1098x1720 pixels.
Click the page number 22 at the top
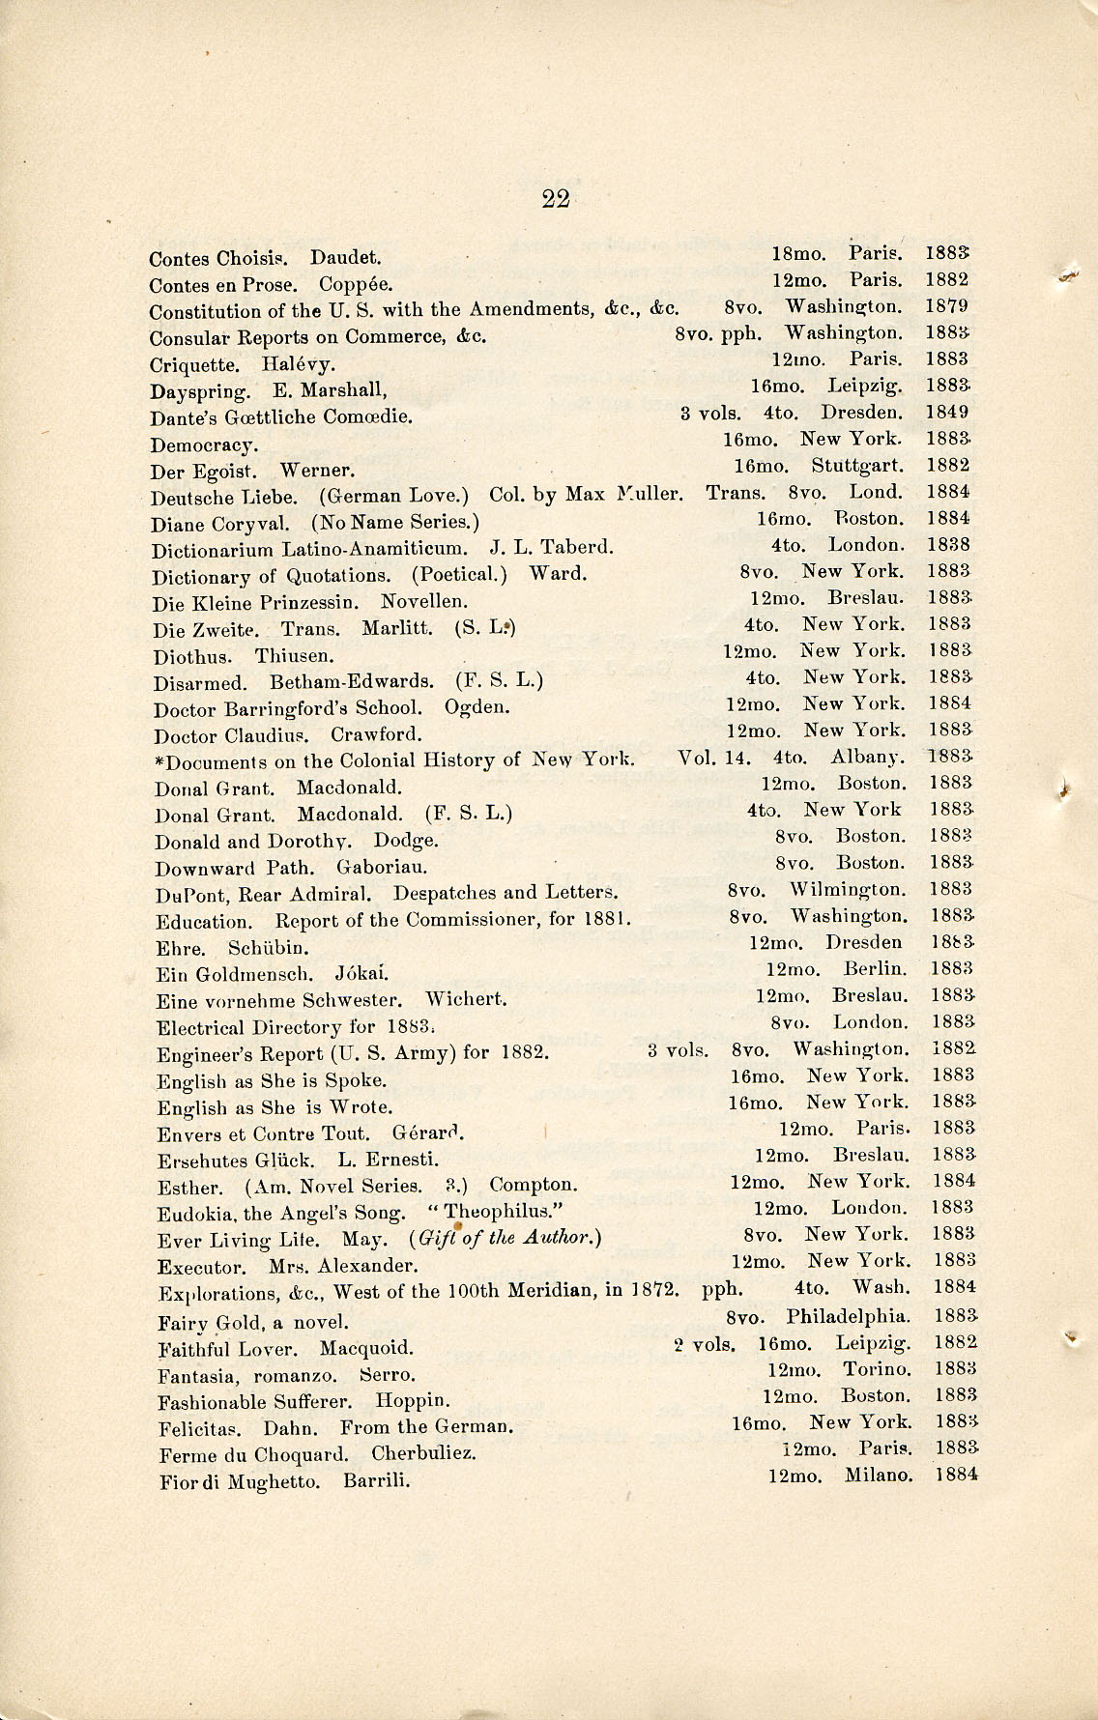[x=556, y=199]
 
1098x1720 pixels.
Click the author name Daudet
[x=345, y=259]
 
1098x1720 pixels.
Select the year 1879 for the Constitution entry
[x=946, y=306]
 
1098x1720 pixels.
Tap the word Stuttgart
[x=856, y=466]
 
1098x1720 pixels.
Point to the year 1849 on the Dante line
[x=947, y=413]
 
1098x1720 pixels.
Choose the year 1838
[x=948, y=545]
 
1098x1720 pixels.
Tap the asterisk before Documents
[x=159, y=761]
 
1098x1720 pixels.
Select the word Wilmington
[x=848, y=889]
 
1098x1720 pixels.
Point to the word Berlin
[x=875, y=968]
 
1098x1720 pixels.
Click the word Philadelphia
[x=848, y=1316]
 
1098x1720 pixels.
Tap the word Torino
[x=877, y=1369]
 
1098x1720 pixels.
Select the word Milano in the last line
[x=878, y=1476]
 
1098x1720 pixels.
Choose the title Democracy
[x=204, y=445]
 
